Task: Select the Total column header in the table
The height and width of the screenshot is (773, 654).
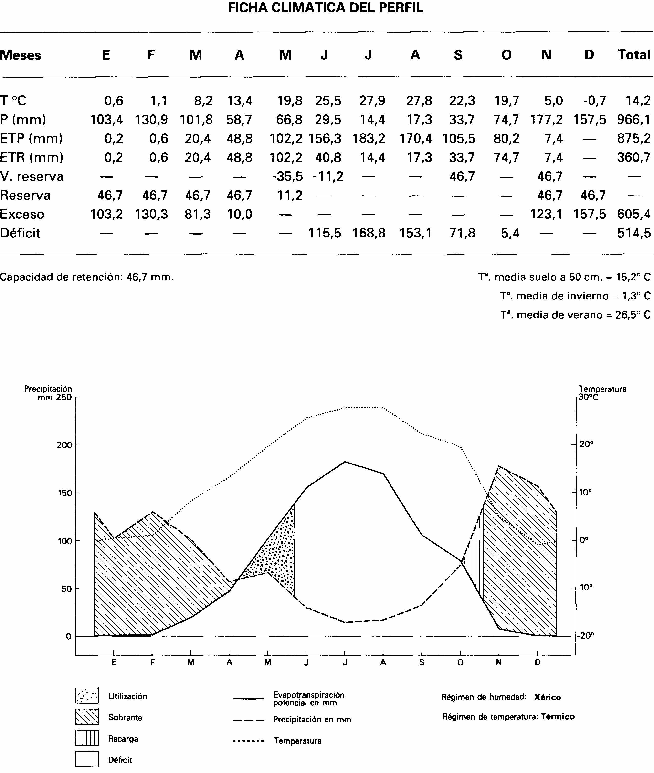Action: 634,55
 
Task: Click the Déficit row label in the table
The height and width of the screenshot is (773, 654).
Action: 20,233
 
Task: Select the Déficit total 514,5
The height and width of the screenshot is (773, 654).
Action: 634,233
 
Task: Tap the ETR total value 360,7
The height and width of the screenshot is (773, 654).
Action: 634,157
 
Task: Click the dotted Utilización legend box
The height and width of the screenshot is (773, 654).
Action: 87,696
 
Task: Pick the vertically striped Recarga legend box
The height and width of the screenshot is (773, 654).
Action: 87,738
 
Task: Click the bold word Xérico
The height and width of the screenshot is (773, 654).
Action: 548,697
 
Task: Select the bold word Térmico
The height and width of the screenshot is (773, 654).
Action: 558,717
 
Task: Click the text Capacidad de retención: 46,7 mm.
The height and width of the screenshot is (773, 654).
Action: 87,277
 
